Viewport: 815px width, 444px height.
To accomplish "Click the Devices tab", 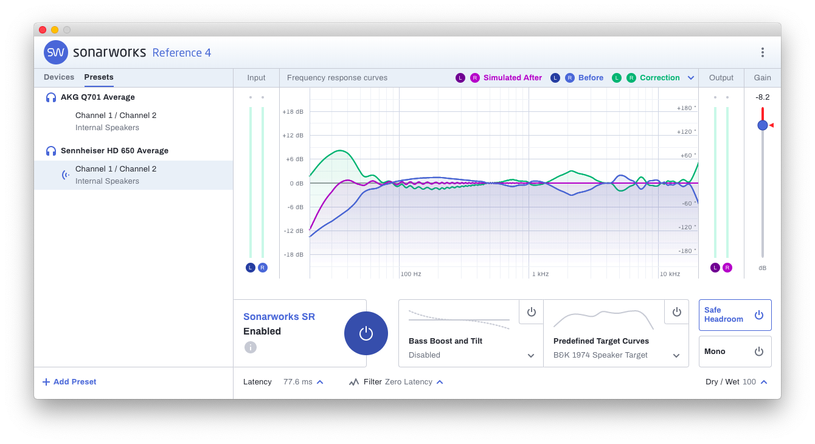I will pyautogui.click(x=59, y=77).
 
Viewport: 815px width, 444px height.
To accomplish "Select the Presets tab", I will pyautogui.click(x=99, y=77).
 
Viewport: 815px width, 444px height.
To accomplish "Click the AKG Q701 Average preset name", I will pyautogui.click(x=97, y=97).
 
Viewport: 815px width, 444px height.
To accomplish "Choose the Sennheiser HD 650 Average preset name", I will pyautogui.click(x=114, y=151).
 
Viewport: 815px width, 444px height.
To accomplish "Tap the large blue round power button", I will pyautogui.click(x=366, y=333).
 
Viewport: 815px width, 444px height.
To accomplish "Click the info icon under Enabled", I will pyautogui.click(x=251, y=347).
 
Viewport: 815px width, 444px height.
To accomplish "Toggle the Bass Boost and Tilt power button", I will pyautogui.click(x=531, y=312).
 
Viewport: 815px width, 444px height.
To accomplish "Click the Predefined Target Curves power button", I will pyautogui.click(x=676, y=312).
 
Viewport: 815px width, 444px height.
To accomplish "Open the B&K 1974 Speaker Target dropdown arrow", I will pyautogui.click(x=676, y=356).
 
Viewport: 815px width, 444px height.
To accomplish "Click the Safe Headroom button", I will pyautogui.click(x=735, y=315).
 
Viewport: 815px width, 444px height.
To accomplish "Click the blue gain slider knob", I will pyautogui.click(x=762, y=125).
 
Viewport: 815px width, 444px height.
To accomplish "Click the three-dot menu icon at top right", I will pyautogui.click(x=762, y=52).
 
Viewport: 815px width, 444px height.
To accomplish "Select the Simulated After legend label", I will pyautogui.click(x=512, y=78).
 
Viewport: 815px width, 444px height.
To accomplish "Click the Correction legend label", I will pyautogui.click(x=659, y=78).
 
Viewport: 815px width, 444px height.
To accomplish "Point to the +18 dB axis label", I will pyautogui.click(x=293, y=112).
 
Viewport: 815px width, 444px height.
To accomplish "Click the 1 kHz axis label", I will pyautogui.click(x=540, y=274).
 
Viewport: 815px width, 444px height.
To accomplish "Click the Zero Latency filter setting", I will pyautogui.click(x=408, y=382).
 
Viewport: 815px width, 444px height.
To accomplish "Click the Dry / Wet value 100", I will pyautogui.click(x=749, y=382).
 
